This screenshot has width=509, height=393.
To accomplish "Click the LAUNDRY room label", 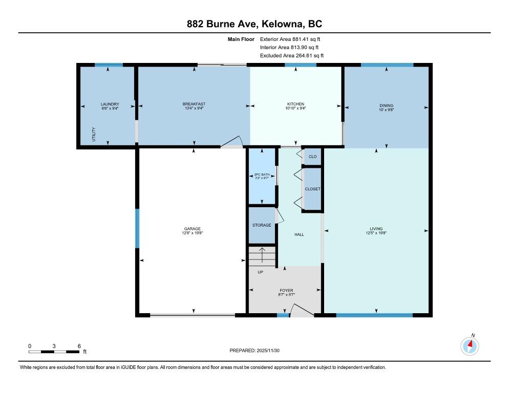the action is [x=110, y=104].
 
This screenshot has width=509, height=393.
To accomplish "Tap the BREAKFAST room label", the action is [x=194, y=104].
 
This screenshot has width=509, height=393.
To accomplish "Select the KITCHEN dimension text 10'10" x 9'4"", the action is [x=295, y=108].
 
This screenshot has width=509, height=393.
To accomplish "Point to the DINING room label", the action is [x=386, y=105].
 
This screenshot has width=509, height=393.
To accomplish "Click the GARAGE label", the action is [x=192, y=229].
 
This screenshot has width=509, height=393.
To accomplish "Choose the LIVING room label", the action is [x=376, y=229].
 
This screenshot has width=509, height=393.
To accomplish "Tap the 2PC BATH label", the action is [x=262, y=174].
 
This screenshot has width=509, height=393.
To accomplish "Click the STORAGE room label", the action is [x=262, y=225].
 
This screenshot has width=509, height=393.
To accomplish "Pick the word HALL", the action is [x=299, y=234].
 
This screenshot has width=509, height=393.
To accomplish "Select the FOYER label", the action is [x=286, y=291].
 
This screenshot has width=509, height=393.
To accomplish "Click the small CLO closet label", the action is [x=312, y=157].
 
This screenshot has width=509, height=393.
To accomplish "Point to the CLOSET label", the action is [x=312, y=189].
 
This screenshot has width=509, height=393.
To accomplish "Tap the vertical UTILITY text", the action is [x=94, y=134].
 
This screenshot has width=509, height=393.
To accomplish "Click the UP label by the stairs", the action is [x=260, y=272].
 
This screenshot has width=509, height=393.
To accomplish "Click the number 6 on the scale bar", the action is [x=79, y=346].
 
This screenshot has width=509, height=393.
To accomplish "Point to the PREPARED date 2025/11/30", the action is [x=268, y=351].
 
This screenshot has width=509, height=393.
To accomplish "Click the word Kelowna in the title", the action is [x=283, y=24].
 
